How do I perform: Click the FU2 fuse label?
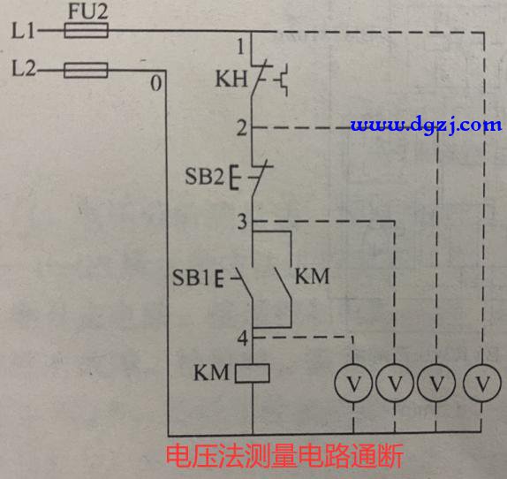pyautogui.click(x=88, y=12)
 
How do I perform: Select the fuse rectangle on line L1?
pyautogui.click(x=87, y=30)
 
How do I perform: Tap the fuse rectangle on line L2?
pyautogui.click(x=86, y=70)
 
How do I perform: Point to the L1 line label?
pyautogui.click(x=23, y=31)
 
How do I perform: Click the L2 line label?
pyautogui.click(x=24, y=69)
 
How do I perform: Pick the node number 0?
pyautogui.click(x=155, y=83)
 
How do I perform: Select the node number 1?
pyautogui.click(x=240, y=46)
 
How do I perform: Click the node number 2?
pyautogui.click(x=242, y=128)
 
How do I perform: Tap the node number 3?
pyautogui.click(x=242, y=222)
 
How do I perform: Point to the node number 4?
pyautogui.click(x=243, y=338)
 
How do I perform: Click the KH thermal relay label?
pyautogui.click(x=231, y=79)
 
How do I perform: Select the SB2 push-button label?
pyautogui.click(x=204, y=176)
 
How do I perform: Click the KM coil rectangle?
pyautogui.click(x=253, y=373)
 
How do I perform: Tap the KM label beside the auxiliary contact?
pyautogui.click(x=312, y=277)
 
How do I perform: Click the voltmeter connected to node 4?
pyautogui.click(x=353, y=384)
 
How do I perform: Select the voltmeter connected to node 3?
pyautogui.click(x=395, y=384)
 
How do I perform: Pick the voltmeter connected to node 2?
pyautogui.click(x=436, y=384)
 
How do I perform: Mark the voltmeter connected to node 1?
pyautogui.click(x=482, y=384)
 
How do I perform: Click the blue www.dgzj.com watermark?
pyautogui.click(x=426, y=125)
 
